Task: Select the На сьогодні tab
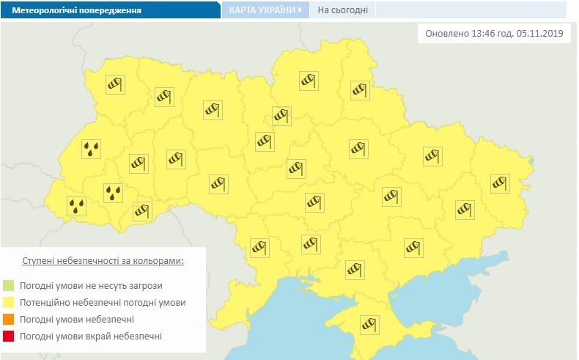[x=342, y=10]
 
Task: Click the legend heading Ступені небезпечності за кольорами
[x=103, y=261]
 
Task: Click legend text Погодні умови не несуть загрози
[x=92, y=285]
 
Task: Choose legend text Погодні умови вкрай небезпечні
[x=92, y=337]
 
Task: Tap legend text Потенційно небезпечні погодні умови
[x=103, y=302]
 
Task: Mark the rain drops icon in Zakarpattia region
[x=76, y=207]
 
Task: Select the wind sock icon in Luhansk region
[x=499, y=182]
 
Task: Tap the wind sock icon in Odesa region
[x=259, y=247]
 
